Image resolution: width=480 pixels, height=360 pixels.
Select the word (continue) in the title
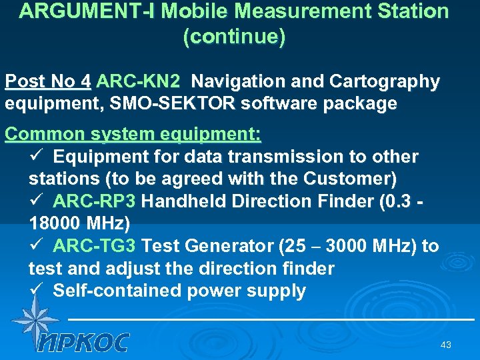click(234, 37)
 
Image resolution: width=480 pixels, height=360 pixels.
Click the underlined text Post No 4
click(47, 82)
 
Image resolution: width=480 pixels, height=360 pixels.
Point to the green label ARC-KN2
click(138, 82)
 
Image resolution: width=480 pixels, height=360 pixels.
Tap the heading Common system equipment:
click(133, 133)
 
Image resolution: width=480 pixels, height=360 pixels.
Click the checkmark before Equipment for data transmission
click(37, 157)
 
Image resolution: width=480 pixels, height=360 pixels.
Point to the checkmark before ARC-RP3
click(37, 201)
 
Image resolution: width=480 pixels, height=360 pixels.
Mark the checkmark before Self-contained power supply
click(37, 291)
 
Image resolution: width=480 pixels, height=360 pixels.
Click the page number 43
click(446, 345)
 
